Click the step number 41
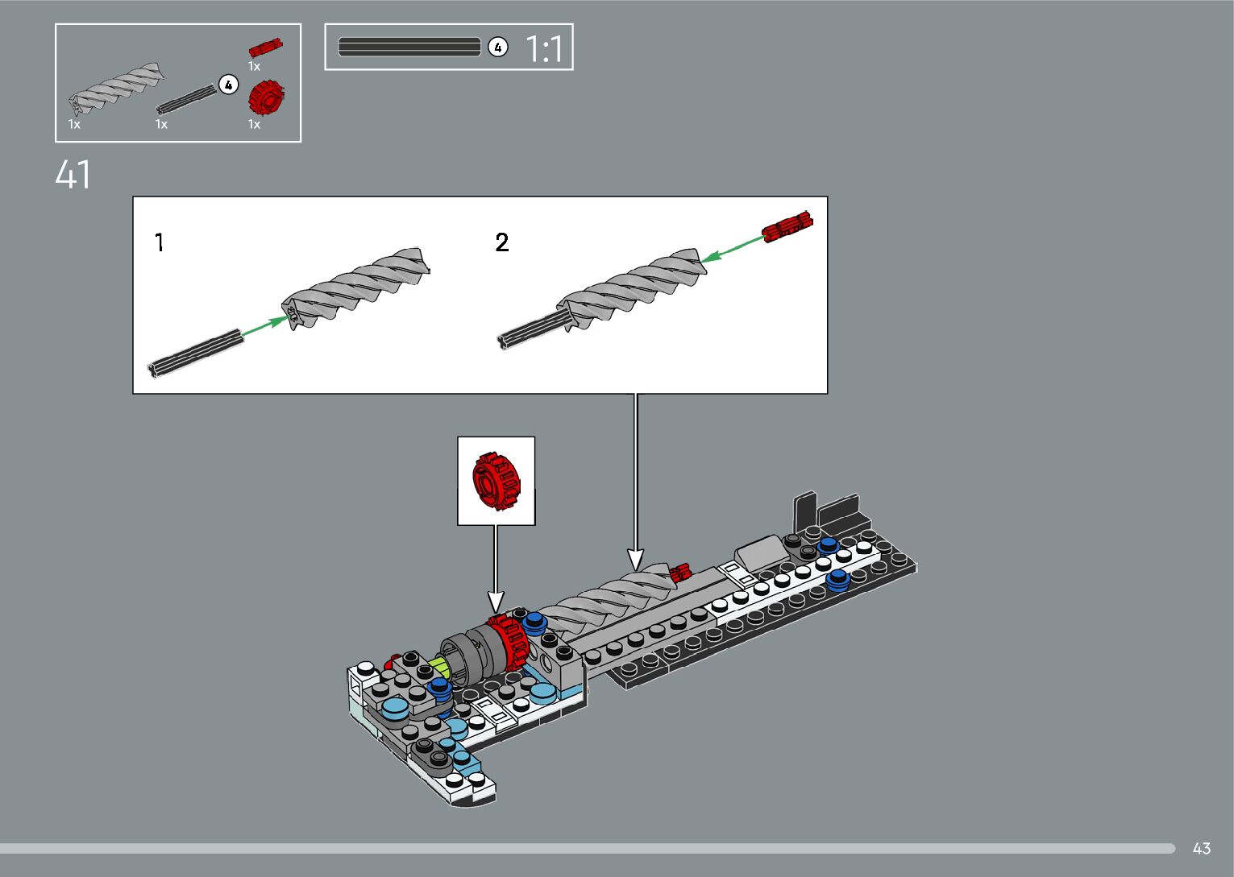point(73,175)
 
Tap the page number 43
point(1201,848)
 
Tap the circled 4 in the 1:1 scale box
point(497,48)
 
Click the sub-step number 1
point(160,242)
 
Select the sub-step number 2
point(502,242)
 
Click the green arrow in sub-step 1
point(265,328)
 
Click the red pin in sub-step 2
point(787,227)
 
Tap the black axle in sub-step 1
point(196,354)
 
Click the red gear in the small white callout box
point(497,481)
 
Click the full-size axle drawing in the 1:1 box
point(409,48)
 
